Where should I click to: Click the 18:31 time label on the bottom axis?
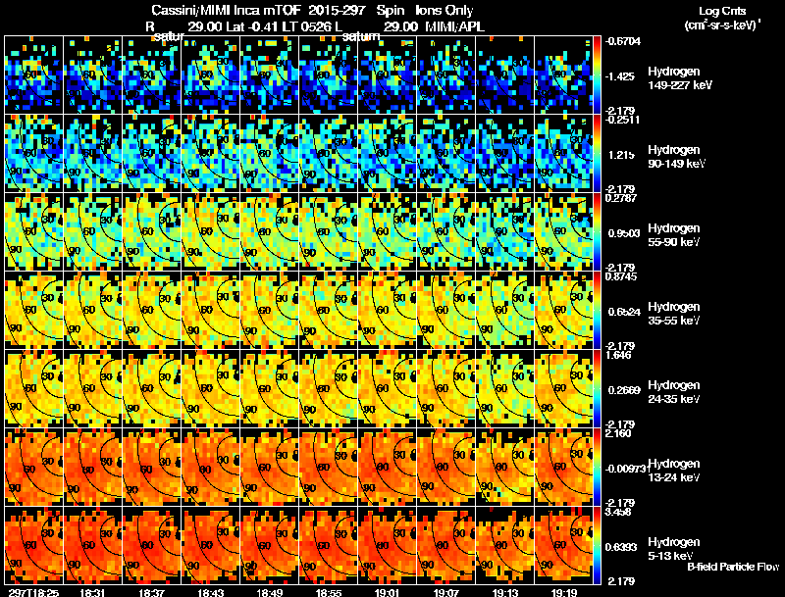point(94,592)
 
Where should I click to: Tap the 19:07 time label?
point(447,592)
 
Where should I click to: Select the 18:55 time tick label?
point(330,592)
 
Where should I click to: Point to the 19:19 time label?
point(565,592)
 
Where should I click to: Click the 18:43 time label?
point(212,592)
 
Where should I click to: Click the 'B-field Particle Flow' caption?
point(732,568)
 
